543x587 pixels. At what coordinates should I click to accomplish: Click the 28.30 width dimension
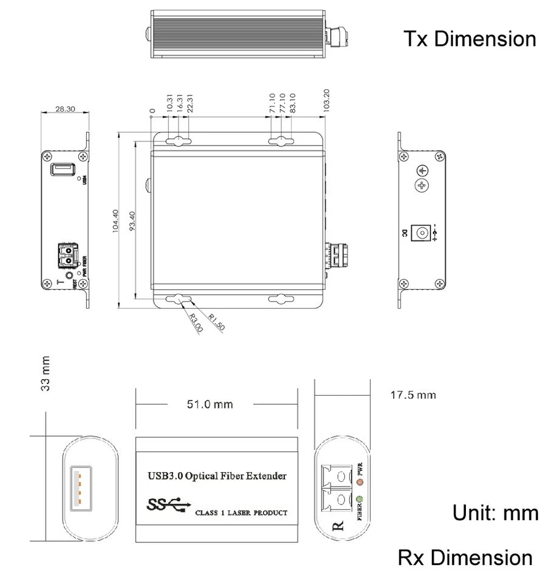pos(65,109)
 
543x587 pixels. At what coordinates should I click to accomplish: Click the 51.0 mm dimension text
pos(209,404)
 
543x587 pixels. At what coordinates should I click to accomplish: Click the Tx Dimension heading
pos(469,39)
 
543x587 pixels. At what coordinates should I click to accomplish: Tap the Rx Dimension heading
pos(465,557)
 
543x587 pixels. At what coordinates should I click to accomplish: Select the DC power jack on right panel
pos(421,232)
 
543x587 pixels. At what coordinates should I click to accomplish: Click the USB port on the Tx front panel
pos(62,169)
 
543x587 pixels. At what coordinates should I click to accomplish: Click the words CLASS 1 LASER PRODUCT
pos(240,512)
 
